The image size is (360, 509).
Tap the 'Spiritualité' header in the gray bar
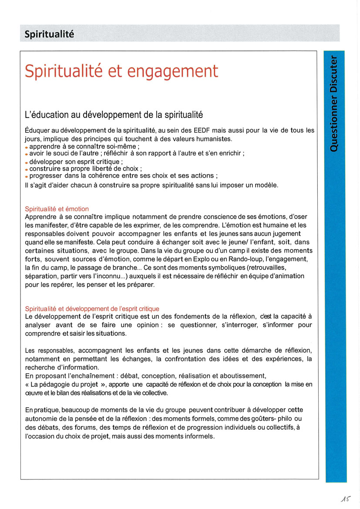(49, 34)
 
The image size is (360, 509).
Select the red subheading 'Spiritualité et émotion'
(57, 209)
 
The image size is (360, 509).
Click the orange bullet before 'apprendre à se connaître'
(27, 148)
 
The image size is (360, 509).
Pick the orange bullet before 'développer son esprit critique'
(27, 162)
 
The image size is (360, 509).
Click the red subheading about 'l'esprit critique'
(92, 309)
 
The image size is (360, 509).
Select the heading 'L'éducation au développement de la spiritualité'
(114, 115)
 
